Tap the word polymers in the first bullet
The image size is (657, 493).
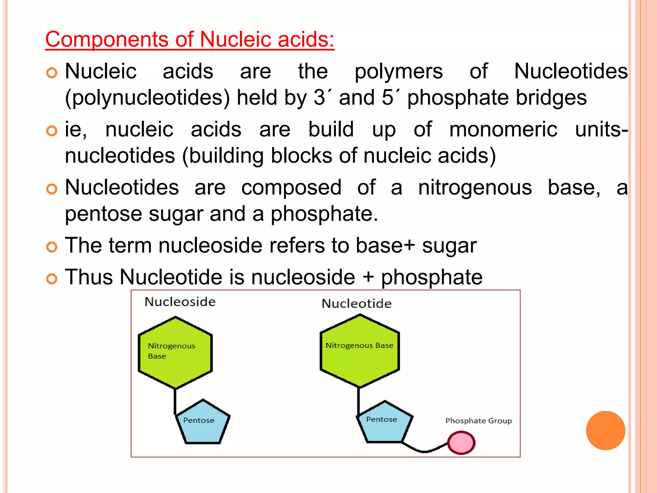398,71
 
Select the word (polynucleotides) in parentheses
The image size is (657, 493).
147,98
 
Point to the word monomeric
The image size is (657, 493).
503,130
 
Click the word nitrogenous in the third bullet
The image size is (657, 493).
475,187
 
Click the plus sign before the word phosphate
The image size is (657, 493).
368,277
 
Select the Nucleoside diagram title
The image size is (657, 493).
180,302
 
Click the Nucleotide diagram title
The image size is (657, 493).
356,304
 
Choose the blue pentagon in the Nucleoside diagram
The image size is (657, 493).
202,424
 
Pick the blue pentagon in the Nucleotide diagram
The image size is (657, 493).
384,424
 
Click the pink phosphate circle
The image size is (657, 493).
461,443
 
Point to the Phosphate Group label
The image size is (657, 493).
478,421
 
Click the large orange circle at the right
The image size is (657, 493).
605,430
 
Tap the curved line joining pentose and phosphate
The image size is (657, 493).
424,451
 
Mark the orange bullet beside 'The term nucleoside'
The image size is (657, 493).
52,247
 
